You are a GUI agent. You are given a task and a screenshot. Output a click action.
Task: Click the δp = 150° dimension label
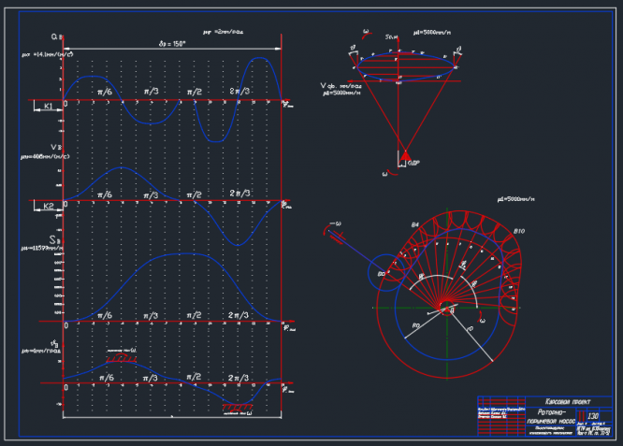coord(173,43)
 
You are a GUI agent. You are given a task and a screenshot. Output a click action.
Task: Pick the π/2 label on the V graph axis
coord(195,194)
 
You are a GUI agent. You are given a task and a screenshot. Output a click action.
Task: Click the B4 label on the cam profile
coord(414,225)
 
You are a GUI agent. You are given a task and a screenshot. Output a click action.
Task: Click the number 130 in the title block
coord(592,415)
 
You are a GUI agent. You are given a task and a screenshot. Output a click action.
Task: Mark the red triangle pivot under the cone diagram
coord(407,156)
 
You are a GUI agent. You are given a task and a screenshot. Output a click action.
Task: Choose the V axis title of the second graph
coord(55,147)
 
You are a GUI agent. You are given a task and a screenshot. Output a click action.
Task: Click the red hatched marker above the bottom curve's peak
coord(120,356)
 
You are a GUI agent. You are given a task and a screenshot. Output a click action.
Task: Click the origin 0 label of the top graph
coord(64,105)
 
